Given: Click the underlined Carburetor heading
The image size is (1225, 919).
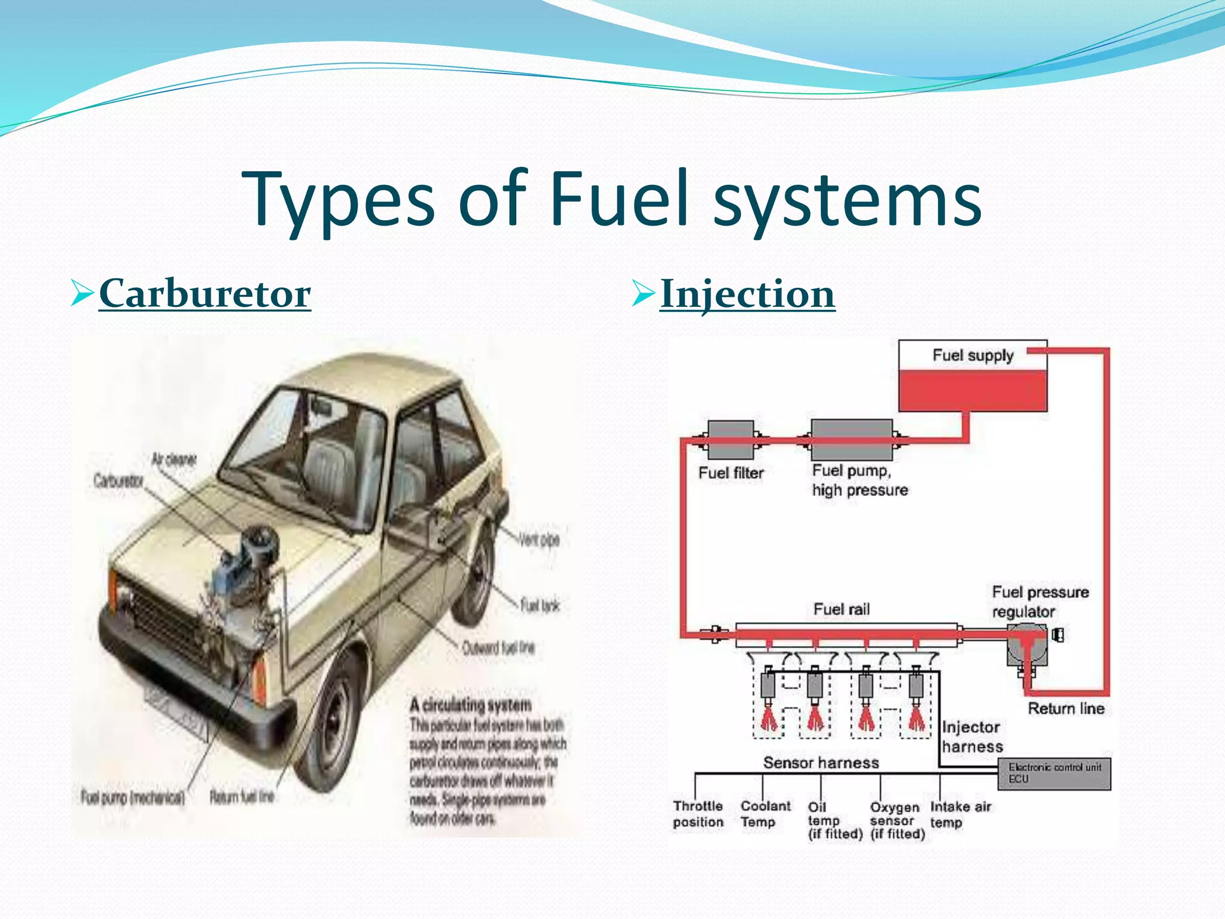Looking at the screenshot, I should click(205, 294).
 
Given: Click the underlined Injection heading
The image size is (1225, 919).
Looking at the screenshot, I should click(747, 294).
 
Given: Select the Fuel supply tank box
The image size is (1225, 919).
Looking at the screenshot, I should click(973, 376).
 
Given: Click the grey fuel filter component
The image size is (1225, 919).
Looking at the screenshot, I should click(730, 440).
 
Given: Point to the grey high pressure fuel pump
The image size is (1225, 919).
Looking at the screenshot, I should click(851, 440).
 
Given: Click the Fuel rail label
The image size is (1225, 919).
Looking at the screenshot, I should click(841, 609).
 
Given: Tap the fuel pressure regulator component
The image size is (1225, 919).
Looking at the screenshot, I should click(1027, 645).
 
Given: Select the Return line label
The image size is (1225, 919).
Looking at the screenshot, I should click(1066, 708).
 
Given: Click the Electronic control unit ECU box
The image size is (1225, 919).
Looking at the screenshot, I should click(1054, 773).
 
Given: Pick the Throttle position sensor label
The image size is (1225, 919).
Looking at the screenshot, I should click(698, 814).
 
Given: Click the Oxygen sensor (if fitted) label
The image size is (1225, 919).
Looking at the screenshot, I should click(897, 820).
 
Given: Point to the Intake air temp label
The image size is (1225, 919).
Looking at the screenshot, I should click(960, 814).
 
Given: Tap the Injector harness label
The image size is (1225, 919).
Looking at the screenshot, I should click(971, 737).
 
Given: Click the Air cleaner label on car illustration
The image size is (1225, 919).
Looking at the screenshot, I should click(173, 459).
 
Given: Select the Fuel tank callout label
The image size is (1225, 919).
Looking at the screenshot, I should click(540, 605).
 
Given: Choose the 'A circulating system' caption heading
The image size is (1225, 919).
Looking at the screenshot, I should click(470, 704).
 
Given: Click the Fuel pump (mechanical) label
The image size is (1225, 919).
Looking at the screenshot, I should click(133, 798).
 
